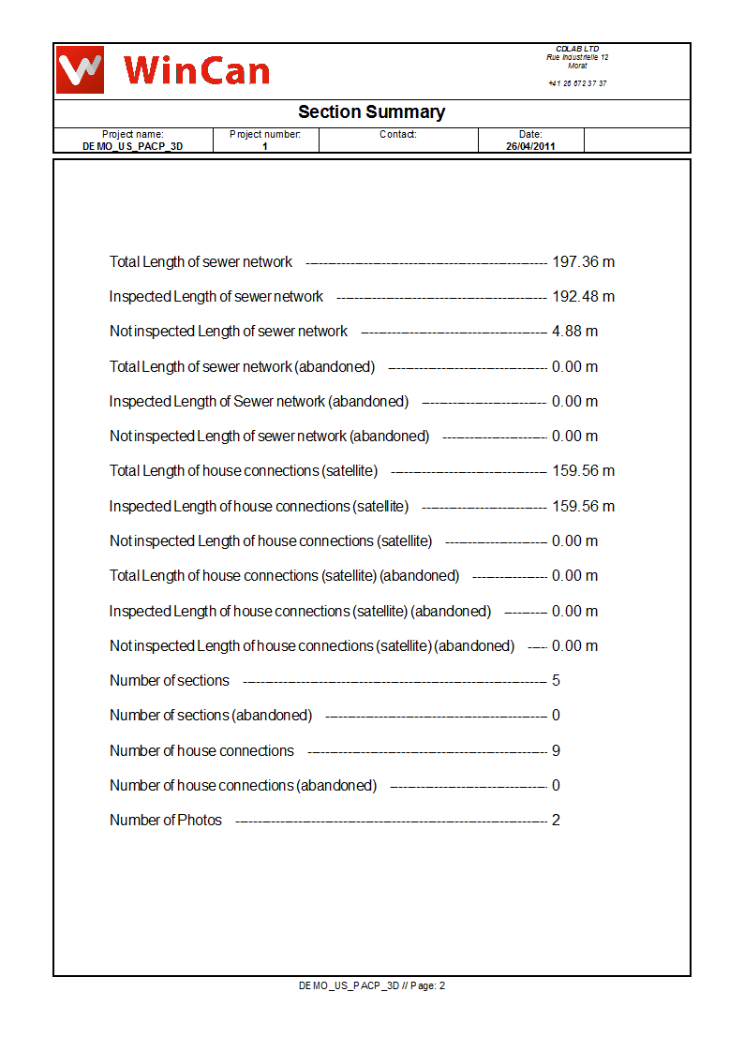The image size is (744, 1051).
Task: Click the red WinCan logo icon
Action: (x=79, y=69)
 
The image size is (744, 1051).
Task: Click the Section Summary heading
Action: (x=371, y=112)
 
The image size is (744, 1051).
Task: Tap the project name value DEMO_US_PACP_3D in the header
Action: (x=133, y=147)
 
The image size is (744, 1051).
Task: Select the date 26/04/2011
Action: (x=530, y=147)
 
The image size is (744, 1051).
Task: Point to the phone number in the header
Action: (x=577, y=83)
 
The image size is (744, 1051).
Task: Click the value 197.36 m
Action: (x=583, y=262)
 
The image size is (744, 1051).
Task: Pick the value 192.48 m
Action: (x=583, y=297)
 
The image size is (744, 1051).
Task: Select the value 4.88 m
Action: (x=574, y=332)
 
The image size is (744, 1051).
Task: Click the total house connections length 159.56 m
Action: (x=583, y=471)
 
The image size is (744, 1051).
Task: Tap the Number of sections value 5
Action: (x=556, y=681)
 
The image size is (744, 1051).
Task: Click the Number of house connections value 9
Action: (x=556, y=751)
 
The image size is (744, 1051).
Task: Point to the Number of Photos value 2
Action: (x=556, y=821)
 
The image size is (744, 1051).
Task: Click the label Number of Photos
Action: (x=166, y=821)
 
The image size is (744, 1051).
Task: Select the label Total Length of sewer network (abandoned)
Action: (x=242, y=367)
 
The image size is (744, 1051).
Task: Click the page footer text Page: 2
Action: (x=427, y=985)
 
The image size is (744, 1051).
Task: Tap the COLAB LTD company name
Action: (x=577, y=49)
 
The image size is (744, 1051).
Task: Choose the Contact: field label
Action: (x=398, y=135)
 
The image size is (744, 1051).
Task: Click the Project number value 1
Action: (x=265, y=147)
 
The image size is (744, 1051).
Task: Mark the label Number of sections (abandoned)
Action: (x=211, y=716)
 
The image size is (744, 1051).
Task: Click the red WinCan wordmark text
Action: (x=196, y=70)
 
